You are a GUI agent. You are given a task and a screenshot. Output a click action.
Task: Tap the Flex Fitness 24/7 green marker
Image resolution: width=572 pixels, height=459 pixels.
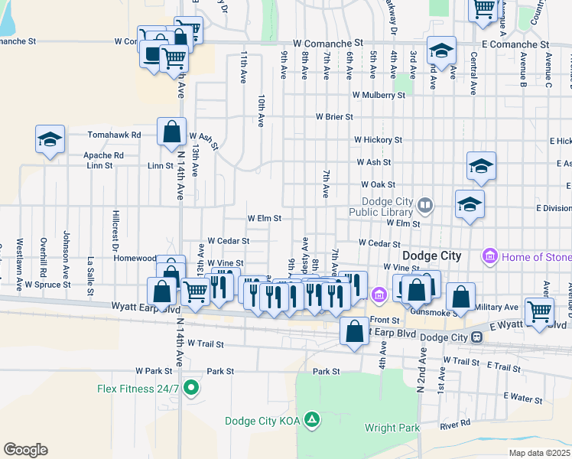tap(192, 388)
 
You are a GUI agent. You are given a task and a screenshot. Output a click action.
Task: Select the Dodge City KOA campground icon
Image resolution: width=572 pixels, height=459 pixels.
tap(311, 419)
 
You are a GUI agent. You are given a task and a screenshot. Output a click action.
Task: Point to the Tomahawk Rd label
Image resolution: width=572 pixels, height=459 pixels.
tap(115, 135)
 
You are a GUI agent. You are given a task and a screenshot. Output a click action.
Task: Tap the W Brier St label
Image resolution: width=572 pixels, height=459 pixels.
tap(334, 117)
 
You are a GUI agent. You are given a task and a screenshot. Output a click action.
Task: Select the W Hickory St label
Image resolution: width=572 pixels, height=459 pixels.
tap(378, 140)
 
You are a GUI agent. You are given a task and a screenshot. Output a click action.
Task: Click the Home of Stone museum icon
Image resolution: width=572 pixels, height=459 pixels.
tap(490, 255)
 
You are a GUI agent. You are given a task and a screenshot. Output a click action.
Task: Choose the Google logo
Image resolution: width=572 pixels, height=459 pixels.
tap(25, 450)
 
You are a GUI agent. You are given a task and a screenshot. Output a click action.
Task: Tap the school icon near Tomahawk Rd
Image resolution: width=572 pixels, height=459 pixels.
tap(50, 139)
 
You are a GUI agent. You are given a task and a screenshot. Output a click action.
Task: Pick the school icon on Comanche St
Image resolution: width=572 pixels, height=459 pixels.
tap(441, 50)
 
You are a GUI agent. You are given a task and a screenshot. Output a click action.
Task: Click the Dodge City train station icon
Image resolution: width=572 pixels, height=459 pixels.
tap(476, 337)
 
